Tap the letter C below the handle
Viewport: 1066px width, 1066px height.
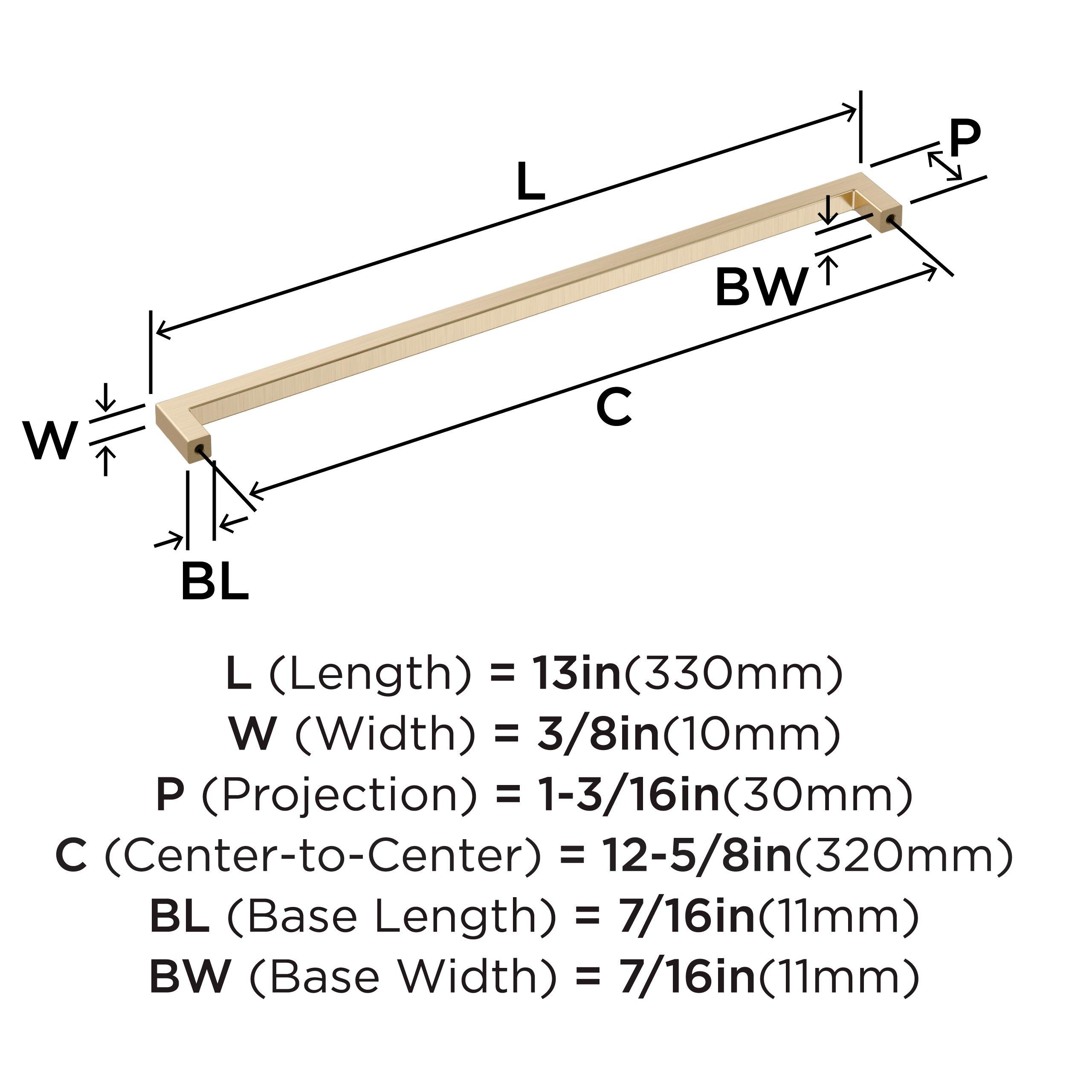[614, 407]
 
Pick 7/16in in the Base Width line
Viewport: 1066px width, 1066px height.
[687, 976]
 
